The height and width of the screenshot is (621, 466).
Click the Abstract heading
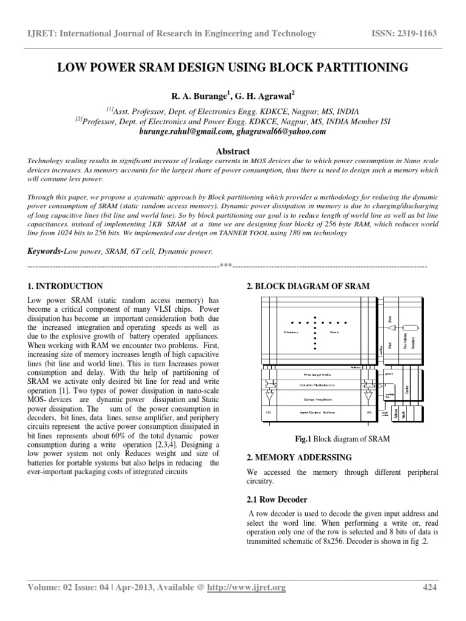pyautogui.click(x=233, y=151)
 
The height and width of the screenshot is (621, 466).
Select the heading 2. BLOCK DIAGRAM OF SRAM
pyautogui.click(x=306, y=286)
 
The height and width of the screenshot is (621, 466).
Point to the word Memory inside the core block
pyautogui.click(x=292, y=332)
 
